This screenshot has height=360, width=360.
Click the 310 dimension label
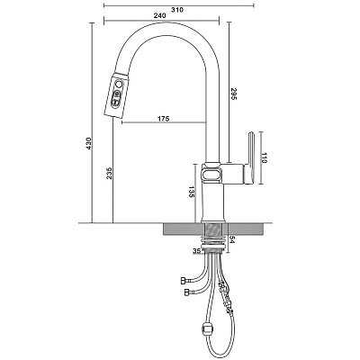[177, 10]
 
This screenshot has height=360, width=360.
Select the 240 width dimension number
[159, 16]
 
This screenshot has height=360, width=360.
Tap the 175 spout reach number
[163, 119]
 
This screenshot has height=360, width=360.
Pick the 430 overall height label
[88, 144]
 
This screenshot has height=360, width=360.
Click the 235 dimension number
[109, 174]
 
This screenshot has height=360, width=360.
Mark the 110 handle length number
[264, 157]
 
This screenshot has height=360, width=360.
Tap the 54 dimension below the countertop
[231, 240]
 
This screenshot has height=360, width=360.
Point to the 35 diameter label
[196, 251]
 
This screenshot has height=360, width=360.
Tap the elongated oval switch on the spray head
[116, 99]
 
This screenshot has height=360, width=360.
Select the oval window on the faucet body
[211, 174]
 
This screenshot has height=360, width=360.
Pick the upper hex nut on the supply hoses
[184, 281]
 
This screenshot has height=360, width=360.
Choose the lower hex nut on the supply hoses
[188, 292]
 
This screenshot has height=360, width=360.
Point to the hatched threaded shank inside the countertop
[213, 229]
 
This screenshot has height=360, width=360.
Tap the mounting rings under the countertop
[213, 242]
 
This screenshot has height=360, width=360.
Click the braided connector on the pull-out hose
[227, 296]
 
